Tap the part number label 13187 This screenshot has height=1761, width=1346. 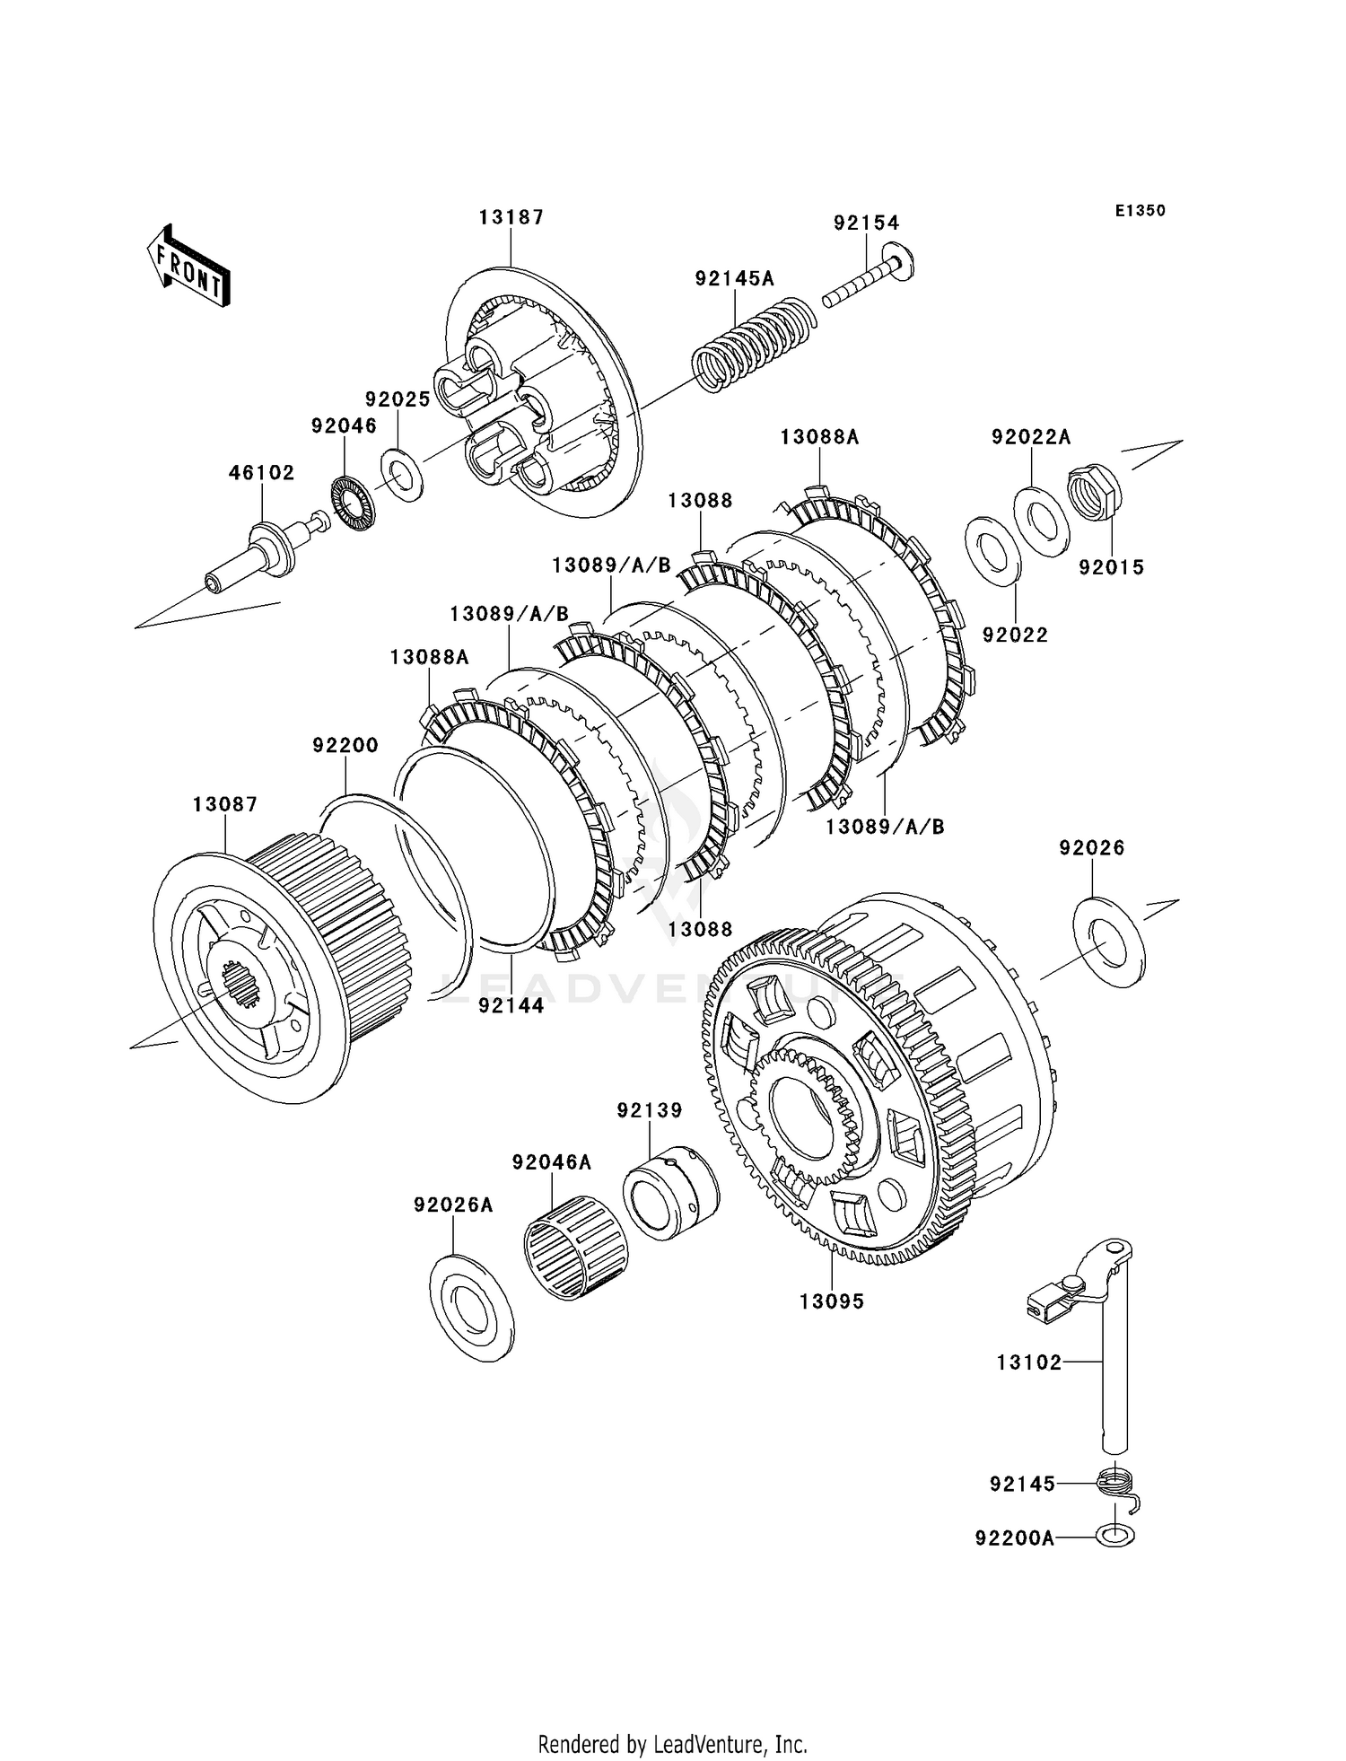(511, 217)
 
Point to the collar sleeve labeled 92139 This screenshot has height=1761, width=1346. (671, 1192)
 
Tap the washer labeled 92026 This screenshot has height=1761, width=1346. (1109, 942)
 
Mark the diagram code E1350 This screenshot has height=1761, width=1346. (1141, 211)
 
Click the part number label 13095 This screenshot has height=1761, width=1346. (833, 1301)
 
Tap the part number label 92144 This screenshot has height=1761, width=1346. (511, 1005)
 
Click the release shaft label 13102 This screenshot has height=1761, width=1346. (1029, 1362)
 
